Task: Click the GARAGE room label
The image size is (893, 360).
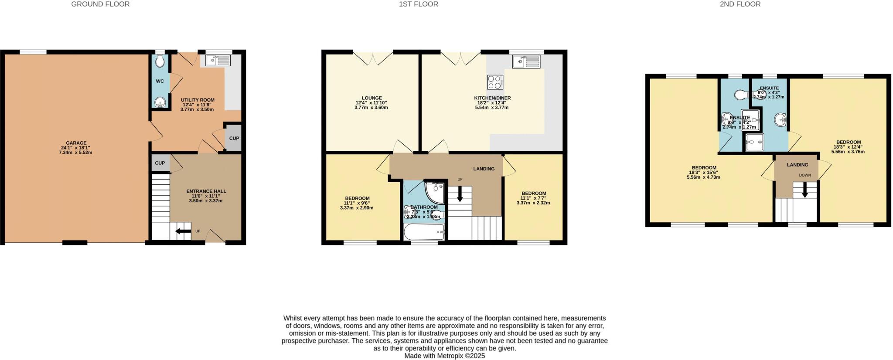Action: [76, 143]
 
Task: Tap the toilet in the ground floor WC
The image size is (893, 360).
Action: [160, 61]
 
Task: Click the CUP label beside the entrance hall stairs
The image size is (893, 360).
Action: [160, 163]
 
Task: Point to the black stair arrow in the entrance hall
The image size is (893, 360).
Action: [183, 231]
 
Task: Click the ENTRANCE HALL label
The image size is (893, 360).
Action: [206, 191]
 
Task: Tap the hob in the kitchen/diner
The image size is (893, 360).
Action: [495, 82]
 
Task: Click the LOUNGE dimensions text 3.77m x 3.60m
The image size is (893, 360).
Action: [371, 108]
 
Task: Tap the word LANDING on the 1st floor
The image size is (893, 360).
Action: [484, 169]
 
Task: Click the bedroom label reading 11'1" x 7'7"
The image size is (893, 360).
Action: [533, 198]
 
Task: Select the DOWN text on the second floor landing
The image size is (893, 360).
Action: [805, 176]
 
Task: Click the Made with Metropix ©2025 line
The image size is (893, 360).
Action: [444, 356]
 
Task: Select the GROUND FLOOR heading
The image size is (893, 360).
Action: [100, 4]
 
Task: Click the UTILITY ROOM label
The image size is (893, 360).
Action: [197, 100]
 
